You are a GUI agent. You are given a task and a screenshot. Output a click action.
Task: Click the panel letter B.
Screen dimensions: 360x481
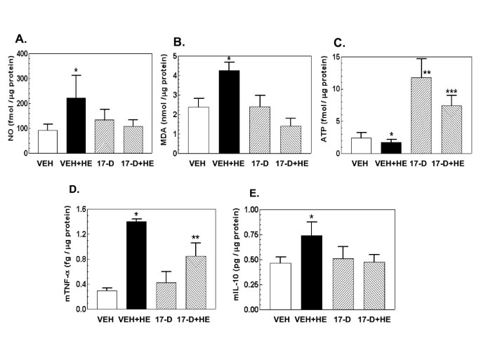click(x=169, y=41)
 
